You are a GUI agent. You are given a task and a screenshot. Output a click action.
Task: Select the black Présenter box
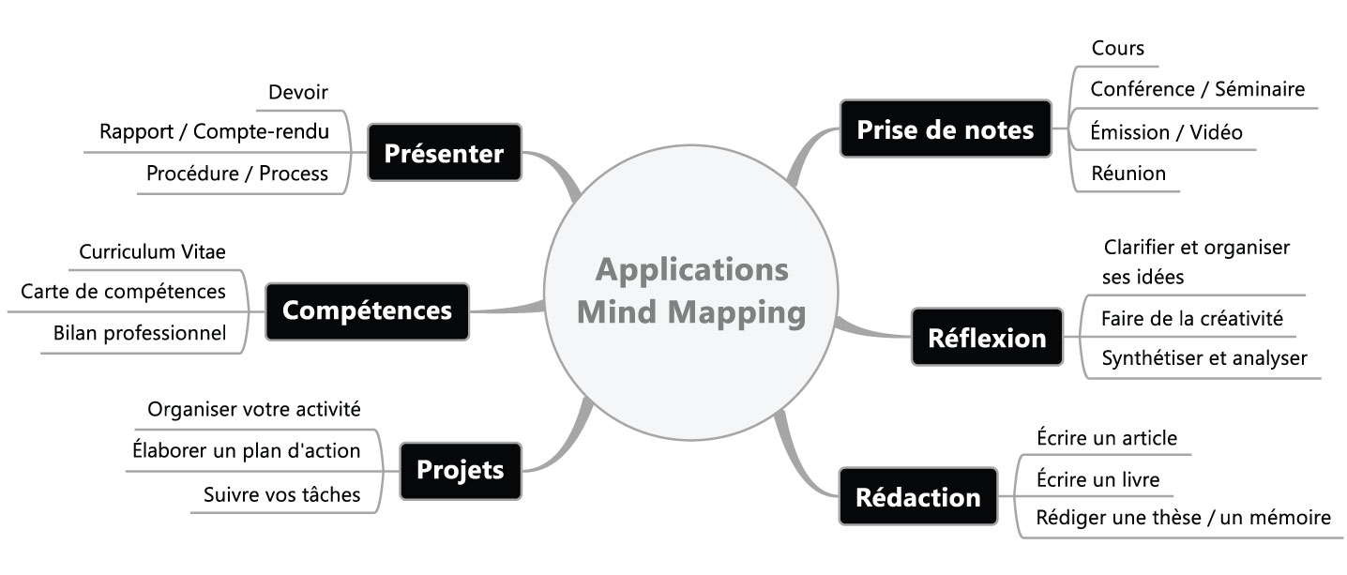click(444, 153)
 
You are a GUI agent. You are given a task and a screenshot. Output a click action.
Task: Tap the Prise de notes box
click(945, 129)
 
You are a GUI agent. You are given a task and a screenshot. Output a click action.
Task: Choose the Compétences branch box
click(367, 310)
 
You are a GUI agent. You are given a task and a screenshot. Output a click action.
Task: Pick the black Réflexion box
click(986, 338)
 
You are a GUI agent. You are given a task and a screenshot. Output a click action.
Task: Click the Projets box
click(460, 470)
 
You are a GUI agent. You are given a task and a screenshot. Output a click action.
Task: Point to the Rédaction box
click(917, 496)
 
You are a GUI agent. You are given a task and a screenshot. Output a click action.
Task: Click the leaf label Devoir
click(298, 92)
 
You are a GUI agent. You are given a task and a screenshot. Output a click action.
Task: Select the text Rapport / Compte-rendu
click(214, 131)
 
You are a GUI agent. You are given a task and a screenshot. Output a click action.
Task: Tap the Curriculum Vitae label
click(152, 251)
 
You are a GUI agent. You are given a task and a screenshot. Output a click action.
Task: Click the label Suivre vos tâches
click(281, 494)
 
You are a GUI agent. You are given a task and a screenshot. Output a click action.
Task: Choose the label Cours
click(1118, 48)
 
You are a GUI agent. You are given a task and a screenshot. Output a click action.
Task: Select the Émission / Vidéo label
click(1166, 132)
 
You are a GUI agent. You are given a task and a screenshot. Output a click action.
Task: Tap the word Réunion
click(1128, 173)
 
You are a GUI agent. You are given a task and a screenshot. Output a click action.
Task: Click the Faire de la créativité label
click(1191, 319)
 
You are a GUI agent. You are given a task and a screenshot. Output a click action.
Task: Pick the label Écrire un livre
click(1097, 480)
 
